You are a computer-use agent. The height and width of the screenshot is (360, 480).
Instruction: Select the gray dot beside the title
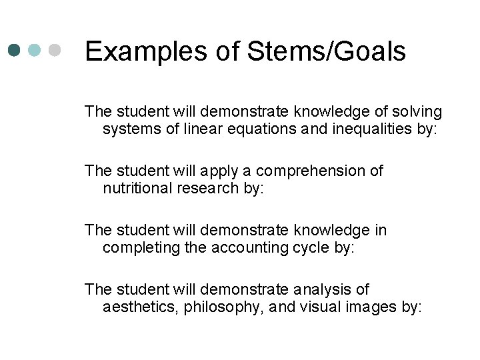coord(56,51)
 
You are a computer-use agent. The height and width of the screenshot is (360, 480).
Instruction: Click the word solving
coord(416,111)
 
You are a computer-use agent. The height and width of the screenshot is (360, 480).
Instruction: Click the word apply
coord(219,171)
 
